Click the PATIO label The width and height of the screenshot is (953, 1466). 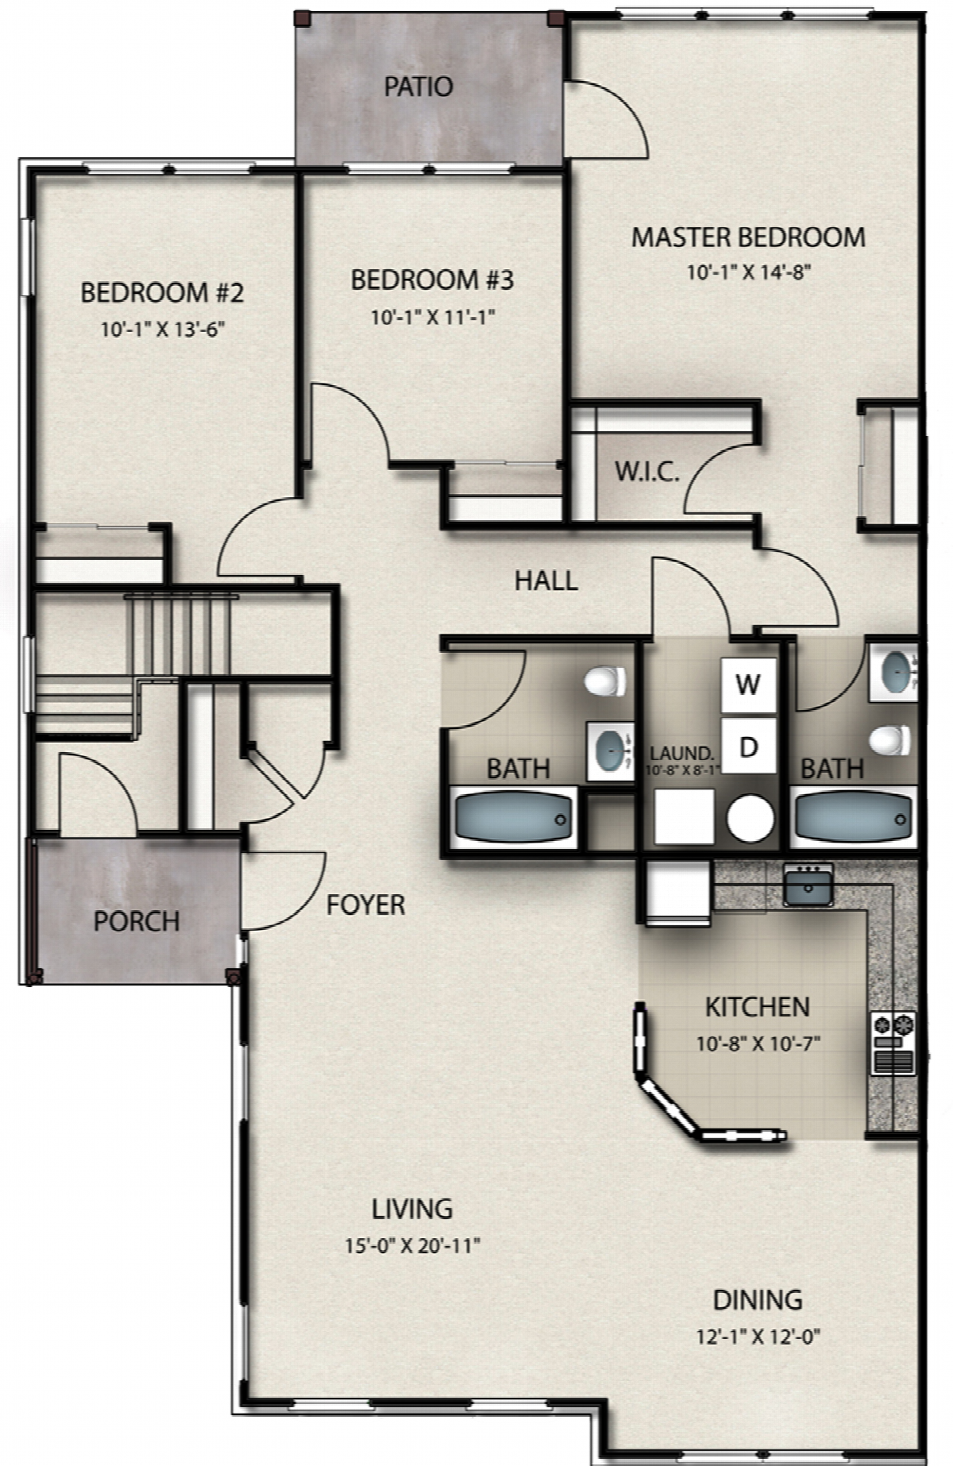click(419, 86)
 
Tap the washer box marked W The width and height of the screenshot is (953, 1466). click(748, 684)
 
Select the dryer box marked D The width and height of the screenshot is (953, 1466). click(748, 746)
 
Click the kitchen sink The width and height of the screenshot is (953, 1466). click(808, 885)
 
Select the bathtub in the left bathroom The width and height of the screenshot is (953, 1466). click(514, 819)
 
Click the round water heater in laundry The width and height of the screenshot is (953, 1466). click(750, 819)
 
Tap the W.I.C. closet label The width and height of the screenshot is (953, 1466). click(647, 472)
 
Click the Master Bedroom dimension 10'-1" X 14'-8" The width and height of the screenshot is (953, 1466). click(748, 273)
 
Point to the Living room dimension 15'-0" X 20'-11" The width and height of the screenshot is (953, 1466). click(413, 1245)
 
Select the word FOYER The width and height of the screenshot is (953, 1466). click(366, 905)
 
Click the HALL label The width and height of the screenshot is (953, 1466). click(546, 581)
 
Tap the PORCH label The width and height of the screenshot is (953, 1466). click(137, 921)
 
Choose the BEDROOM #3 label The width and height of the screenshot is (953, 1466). click(433, 280)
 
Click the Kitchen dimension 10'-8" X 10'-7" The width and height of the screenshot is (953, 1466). click(758, 1044)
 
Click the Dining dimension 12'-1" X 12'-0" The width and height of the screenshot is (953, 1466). click(758, 1337)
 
